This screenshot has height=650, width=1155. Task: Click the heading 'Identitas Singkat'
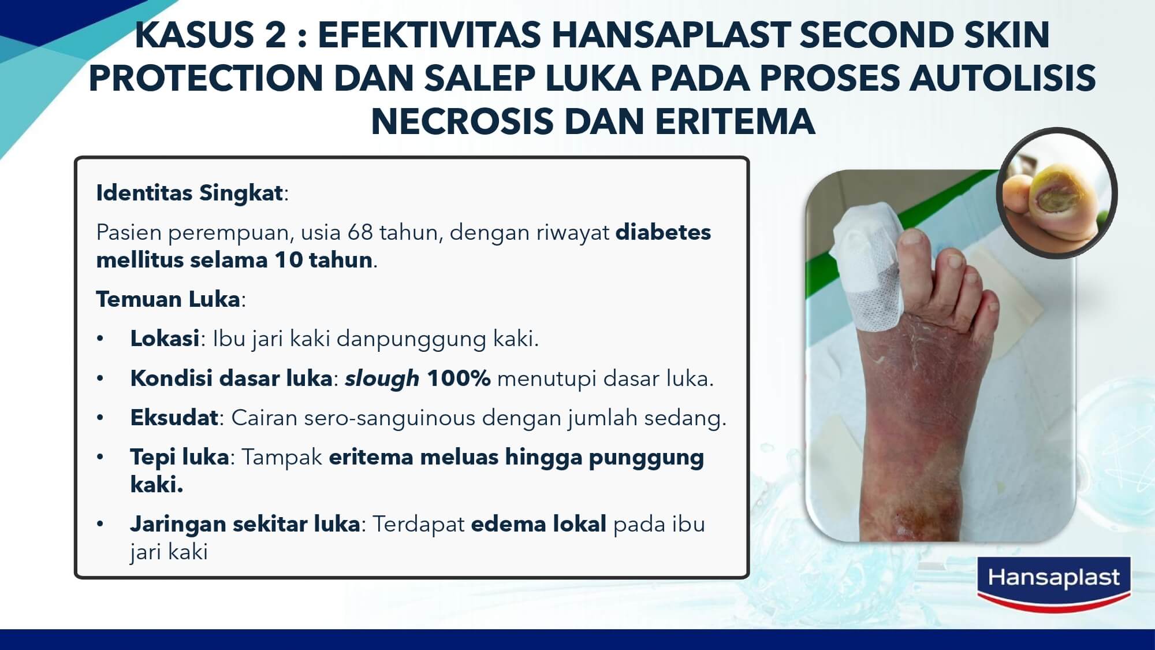[x=189, y=193]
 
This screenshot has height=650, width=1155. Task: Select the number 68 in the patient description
[x=360, y=232]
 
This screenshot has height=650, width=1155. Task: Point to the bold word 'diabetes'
[x=663, y=232]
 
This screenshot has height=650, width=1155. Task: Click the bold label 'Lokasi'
[x=165, y=339]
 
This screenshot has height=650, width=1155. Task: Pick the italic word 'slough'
[x=382, y=378]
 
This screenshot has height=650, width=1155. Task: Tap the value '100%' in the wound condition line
[x=459, y=378]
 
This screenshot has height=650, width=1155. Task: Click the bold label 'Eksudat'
[x=174, y=418]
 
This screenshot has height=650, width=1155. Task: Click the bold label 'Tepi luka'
[x=180, y=457]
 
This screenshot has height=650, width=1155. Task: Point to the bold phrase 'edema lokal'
[x=539, y=524]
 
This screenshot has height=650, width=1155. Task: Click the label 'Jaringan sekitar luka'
[x=245, y=524]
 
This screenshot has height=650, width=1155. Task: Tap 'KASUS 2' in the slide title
[x=210, y=35]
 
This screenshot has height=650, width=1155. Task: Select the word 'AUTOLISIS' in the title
[x=1003, y=78]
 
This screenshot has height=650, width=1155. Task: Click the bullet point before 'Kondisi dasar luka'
[x=100, y=379]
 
